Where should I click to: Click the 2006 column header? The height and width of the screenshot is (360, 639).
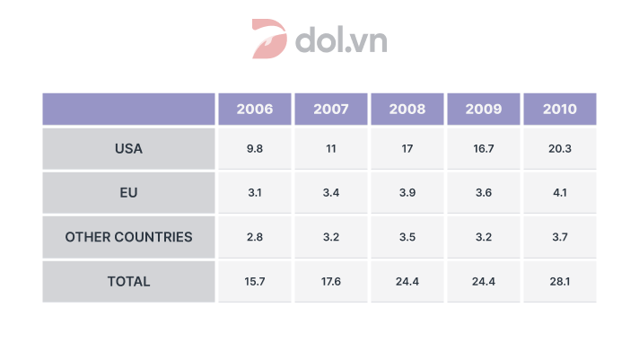click(x=255, y=110)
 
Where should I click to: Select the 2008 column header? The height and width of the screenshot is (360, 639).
click(x=407, y=110)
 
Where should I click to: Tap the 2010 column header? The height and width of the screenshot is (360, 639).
click(x=559, y=110)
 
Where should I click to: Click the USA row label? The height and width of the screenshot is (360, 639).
click(x=128, y=148)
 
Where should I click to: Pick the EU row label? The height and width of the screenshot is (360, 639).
click(x=128, y=192)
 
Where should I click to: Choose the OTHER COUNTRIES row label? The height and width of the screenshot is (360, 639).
click(x=128, y=237)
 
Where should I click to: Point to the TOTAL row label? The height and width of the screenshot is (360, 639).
click(x=128, y=281)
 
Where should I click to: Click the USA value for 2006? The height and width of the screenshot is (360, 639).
click(x=255, y=148)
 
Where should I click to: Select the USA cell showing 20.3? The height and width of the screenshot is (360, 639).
click(x=559, y=148)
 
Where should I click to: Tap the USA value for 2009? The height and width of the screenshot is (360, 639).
click(x=484, y=148)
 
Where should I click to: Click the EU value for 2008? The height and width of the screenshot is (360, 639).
click(x=407, y=192)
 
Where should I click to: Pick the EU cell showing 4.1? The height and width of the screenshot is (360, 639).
click(x=559, y=192)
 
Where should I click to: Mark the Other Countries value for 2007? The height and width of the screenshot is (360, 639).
click(x=331, y=237)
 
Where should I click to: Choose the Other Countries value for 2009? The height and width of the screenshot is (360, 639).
click(x=484, y=237)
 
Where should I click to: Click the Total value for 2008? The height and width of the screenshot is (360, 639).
click(x=407, y=281)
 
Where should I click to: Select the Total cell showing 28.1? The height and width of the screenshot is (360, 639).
click(x=559, y=281)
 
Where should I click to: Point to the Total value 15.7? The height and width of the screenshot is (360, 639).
click(x=255, y=281)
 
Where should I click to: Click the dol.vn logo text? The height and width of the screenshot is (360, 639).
click(x=340, y=40)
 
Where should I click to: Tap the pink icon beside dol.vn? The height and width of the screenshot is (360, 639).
click(x=269, y=40)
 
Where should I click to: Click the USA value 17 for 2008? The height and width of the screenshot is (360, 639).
click(x=407, y=148)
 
